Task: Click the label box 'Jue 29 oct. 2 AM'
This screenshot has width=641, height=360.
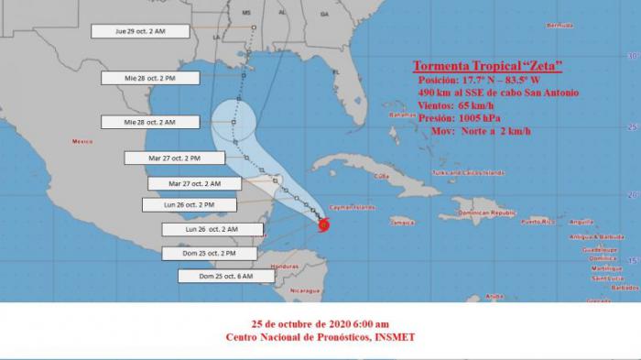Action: coord(140,31)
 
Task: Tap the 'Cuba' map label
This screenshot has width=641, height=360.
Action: coord(383,175)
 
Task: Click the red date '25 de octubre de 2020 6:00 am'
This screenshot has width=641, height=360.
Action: coord(320,323)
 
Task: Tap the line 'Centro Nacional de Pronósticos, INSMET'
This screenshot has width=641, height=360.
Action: coord(320,337)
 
